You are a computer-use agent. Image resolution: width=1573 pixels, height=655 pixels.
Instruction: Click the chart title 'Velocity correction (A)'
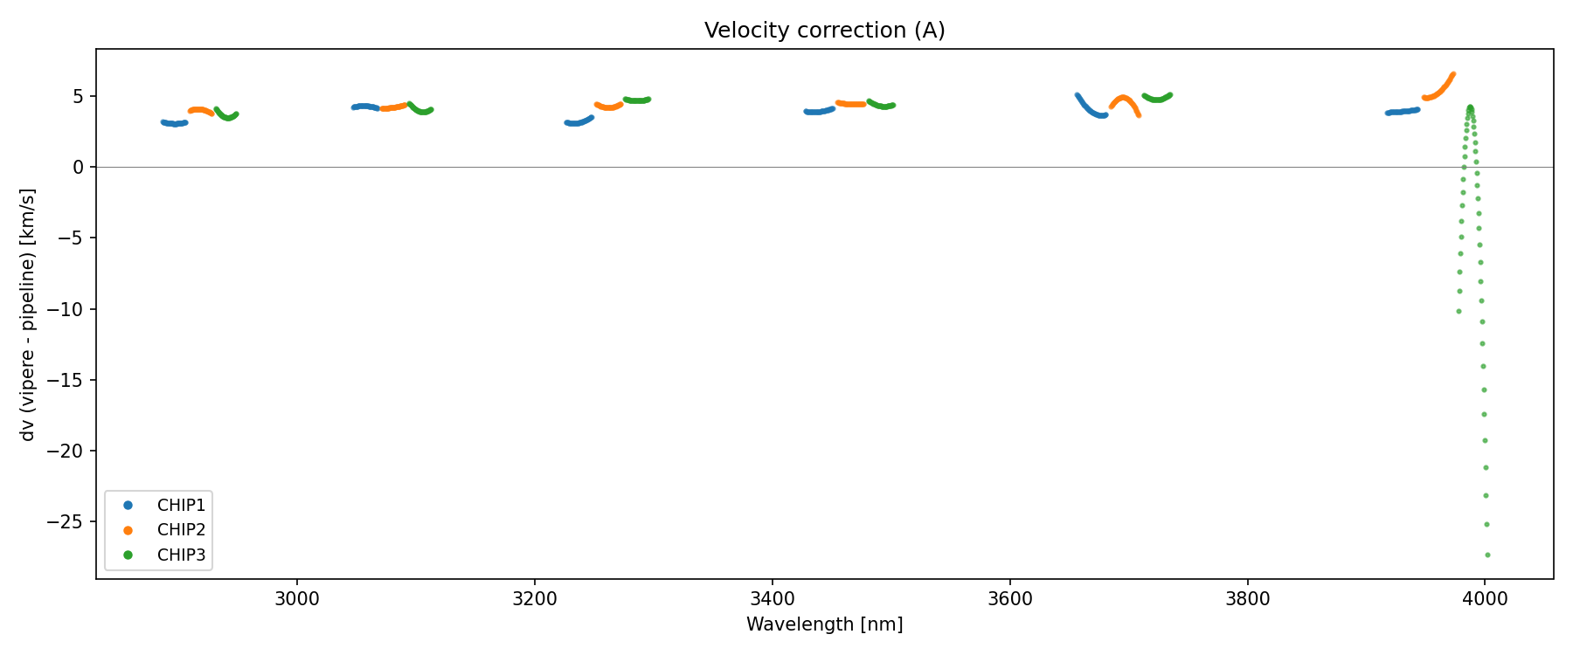[824, 31]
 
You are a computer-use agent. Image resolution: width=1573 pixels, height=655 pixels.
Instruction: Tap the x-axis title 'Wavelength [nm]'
[824, 624]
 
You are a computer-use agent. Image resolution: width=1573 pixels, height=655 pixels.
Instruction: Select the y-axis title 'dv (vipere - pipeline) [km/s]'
[28, 314]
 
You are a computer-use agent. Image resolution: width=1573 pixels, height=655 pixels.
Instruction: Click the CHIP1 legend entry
[181, 506]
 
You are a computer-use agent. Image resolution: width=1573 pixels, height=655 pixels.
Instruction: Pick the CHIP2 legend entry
[181, 530]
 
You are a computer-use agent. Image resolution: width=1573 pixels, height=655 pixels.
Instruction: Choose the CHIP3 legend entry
[181, 555]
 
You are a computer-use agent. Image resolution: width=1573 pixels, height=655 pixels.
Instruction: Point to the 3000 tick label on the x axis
[297, 599]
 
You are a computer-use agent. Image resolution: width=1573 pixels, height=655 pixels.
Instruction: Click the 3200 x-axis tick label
[535, 599]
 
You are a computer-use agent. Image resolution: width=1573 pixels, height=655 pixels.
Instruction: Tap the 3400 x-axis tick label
[773, 599]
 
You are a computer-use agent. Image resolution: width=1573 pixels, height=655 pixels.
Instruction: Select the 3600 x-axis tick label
[1009, 599]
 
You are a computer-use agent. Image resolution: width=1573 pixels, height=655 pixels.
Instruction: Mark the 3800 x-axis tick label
[1247, 599]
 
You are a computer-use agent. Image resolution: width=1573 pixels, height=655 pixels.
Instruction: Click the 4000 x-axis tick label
[1485, 599]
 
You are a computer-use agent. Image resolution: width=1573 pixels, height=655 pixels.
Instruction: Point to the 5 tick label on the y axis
[79, 96]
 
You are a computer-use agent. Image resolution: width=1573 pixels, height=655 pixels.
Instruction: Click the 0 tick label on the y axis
[79, 167]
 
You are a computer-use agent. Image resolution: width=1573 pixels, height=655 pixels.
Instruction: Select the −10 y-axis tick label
[70, 309]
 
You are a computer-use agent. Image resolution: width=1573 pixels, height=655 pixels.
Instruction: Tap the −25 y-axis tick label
[70, 522]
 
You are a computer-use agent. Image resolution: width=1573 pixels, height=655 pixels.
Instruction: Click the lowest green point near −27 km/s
[1487, 555]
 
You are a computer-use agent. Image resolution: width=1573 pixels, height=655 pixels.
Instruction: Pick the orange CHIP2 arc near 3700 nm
[1125, 99]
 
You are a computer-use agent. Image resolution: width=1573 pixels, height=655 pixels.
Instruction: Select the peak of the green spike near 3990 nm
[1470, 107]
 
